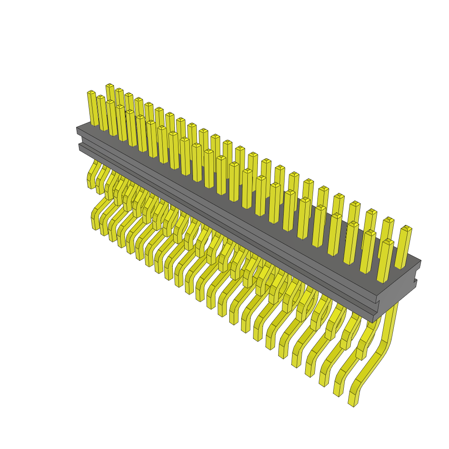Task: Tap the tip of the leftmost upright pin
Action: pyautogui.click(x=91, y=93)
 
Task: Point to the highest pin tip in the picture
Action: pyautogui.click(x=110, y=85)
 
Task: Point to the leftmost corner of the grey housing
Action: pyautogui.click(x=77, y=128)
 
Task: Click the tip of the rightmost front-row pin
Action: pyautogui.click(x=388, y=242)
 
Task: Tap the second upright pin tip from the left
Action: pyautogui.click(x=100, y=97)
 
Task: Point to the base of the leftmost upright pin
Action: pyautogui.click(x=95, y=124)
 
